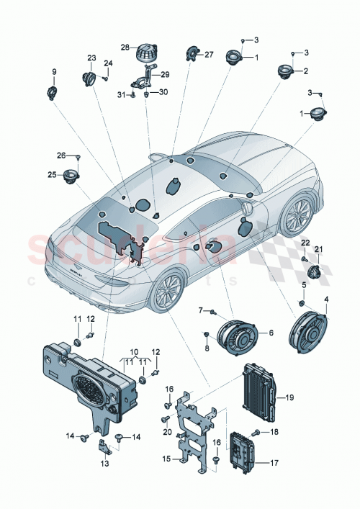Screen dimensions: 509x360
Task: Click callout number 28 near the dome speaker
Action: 125,48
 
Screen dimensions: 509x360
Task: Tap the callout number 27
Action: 210,54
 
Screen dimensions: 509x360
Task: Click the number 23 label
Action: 91,58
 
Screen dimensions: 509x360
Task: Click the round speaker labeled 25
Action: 70,176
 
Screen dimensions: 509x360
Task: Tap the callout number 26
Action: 61,156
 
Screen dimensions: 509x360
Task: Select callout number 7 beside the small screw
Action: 201,310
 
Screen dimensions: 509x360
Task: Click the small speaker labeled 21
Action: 315,271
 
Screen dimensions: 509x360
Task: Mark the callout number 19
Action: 290,397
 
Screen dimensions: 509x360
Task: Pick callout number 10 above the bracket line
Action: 133,353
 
